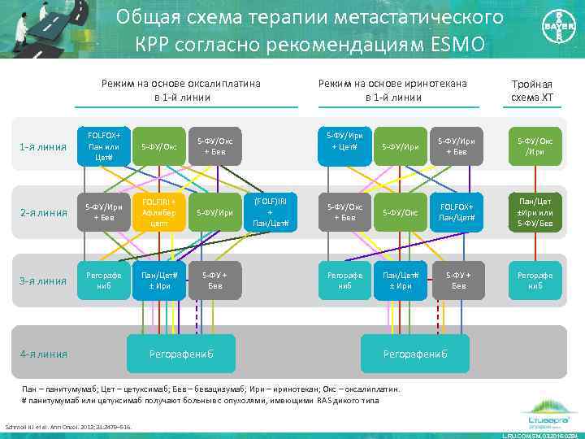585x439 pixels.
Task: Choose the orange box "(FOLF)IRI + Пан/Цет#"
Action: tap(270, 211)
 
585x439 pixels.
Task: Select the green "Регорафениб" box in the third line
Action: tap(535, 280)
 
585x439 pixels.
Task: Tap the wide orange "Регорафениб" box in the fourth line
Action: tap(181, 354)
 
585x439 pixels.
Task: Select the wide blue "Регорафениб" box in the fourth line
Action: tap(414, 354)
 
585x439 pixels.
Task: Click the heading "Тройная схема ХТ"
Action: tap(532, 91)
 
